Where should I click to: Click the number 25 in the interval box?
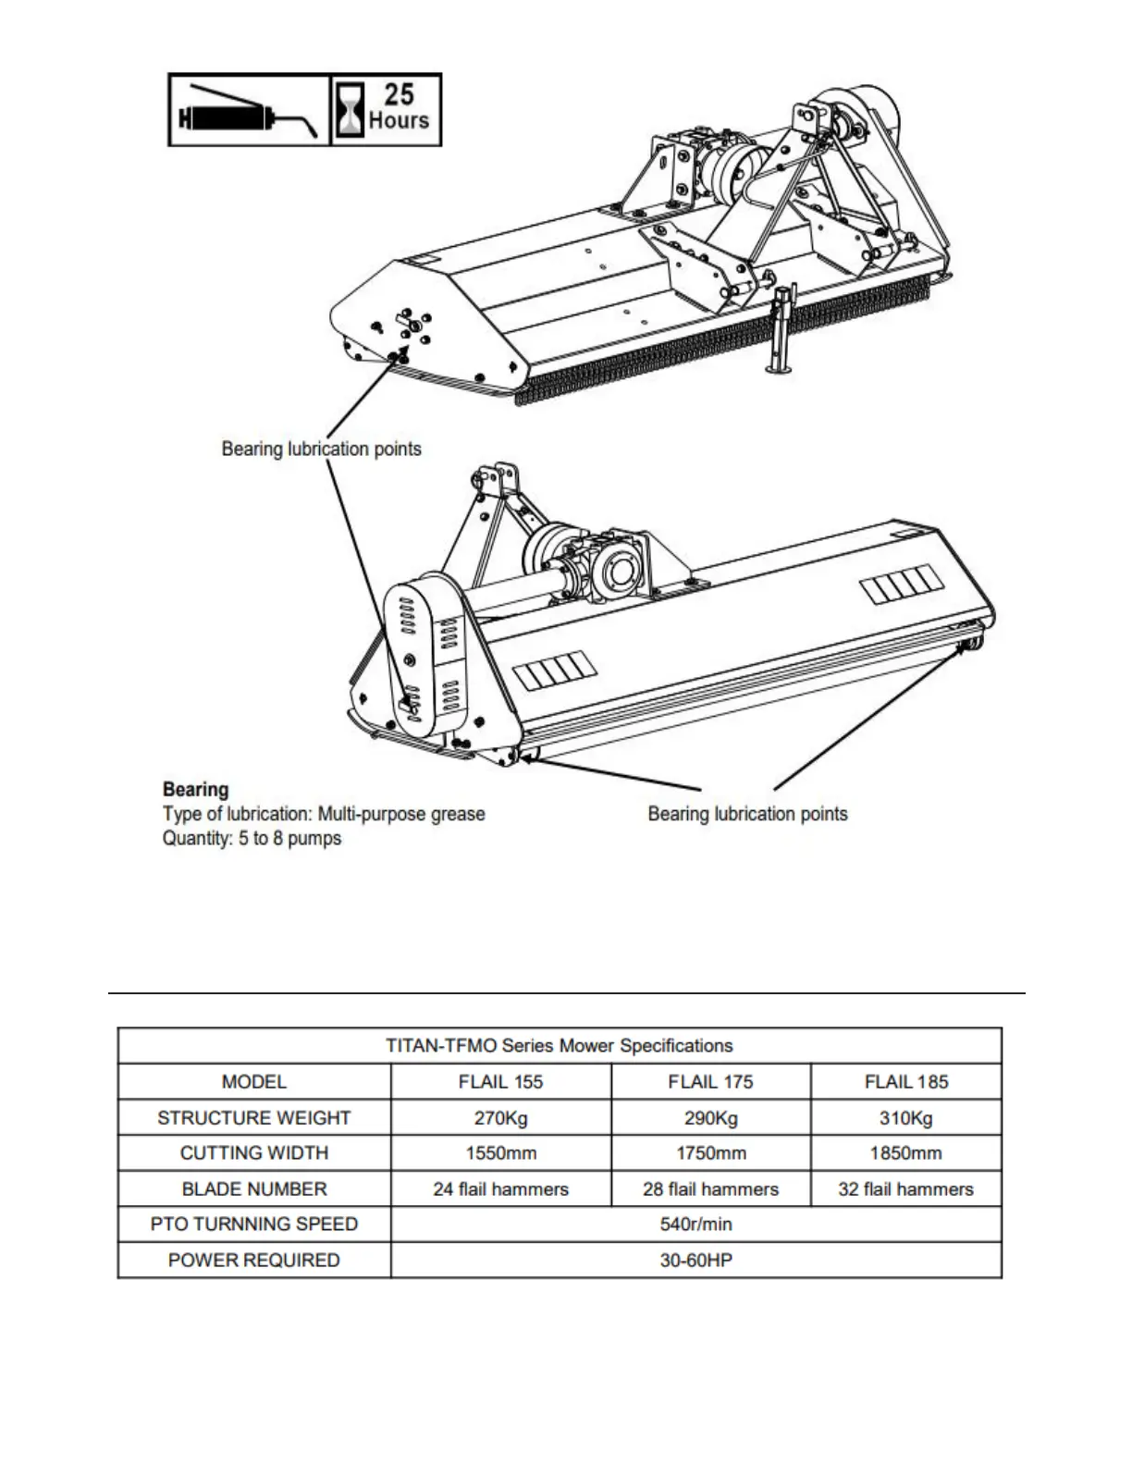[399, 94]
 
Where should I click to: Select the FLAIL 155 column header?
[500, 1081]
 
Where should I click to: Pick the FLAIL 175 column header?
[710, 1081]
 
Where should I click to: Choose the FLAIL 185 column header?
[905, 1081]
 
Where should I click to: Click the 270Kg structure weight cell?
[500, 1117]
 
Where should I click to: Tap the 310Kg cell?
[905, 1117]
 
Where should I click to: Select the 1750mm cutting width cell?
[710, 1153]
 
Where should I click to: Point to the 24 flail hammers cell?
[500, 1189]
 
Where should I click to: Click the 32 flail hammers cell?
[905, 1189]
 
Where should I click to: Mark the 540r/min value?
[695, 1225]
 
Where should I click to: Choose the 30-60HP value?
[695, 1261]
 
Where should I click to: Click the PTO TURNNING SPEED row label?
[253, 1225]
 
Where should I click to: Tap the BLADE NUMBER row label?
[253, 1189]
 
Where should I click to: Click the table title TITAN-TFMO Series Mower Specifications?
[559, 1046]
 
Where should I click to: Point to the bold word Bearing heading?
[195, 790]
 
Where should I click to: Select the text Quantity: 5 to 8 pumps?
[252, 839]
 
